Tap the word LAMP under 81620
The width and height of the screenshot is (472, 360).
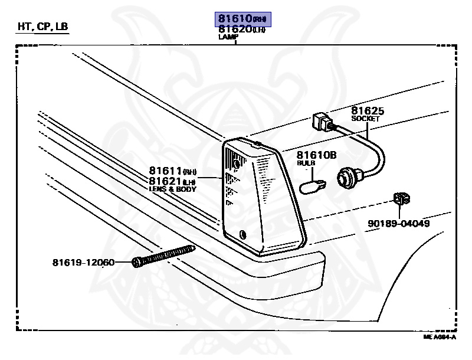228,37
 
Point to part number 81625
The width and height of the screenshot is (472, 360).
368,110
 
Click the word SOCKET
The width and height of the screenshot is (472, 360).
366,119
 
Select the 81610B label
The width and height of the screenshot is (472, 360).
316,155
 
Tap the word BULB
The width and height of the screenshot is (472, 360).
306,162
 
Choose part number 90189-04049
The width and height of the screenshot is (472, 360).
398,224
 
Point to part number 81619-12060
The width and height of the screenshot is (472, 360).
83,262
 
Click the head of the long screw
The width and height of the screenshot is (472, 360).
137,261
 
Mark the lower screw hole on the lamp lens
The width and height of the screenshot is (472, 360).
243,234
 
